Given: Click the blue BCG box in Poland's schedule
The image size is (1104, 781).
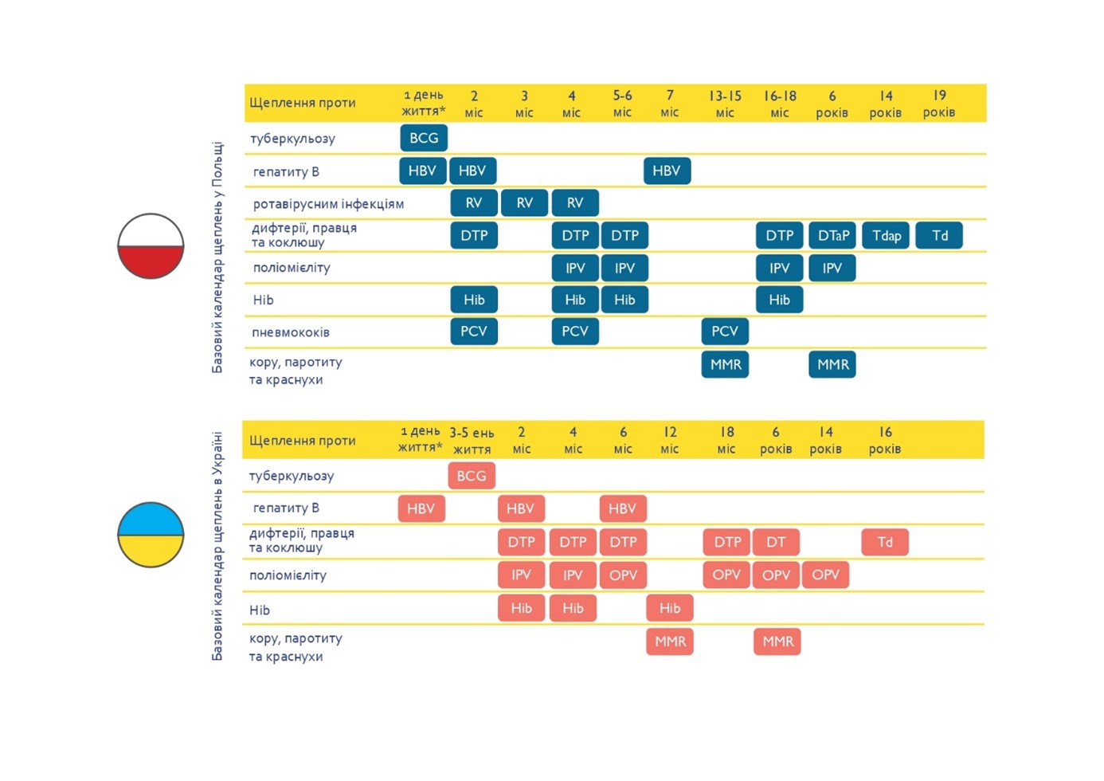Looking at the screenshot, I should click(x=424, y=138).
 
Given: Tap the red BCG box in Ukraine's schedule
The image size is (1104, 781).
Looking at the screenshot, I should click(x=472, y=476).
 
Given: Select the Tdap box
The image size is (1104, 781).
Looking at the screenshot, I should click(x=886, y=235).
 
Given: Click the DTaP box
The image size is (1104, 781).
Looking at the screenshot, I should click(x=832, y=235).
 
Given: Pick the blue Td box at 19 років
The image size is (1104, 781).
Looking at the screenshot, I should click(x=939, y=235).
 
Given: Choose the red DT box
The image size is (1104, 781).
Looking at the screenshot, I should click(x=776, y=542).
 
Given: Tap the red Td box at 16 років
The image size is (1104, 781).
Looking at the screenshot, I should click(x=885, y=542).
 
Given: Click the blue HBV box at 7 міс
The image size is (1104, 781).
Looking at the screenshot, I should click(x=667, y=171).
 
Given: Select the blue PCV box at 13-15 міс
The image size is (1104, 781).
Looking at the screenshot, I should click(x=725, y=331).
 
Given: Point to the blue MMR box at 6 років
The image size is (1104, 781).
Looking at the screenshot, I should click(x=832, y=364).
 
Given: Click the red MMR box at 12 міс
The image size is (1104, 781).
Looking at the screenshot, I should click(x=670, y=642).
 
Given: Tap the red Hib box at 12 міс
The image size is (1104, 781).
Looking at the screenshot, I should click(x=670, y=608).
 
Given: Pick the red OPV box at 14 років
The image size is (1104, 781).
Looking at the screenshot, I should click(x=825, y=575).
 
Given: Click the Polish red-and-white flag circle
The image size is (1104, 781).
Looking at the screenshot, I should click(x=151, y=246).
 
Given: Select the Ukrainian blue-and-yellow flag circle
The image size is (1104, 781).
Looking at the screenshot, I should click(x=151, y=535).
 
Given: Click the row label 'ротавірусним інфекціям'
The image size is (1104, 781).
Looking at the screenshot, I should click(x=328, y=204).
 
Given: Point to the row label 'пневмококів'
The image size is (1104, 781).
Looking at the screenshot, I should click(x=291, y=332).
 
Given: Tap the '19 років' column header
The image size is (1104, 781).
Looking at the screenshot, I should click(x=939, y=104).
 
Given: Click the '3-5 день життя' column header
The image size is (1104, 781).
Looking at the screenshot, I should click(x=472, y=441).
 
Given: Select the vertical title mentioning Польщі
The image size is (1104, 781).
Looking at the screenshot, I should click(x=217, y=257).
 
